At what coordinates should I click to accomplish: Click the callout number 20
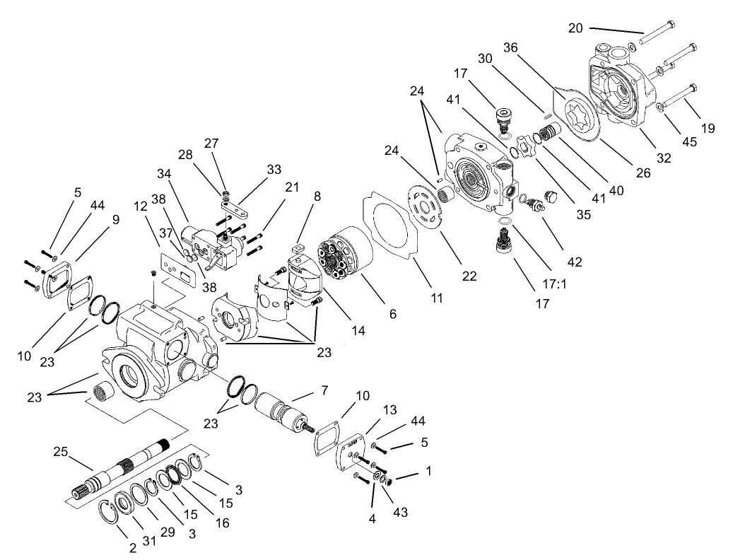(575, 28)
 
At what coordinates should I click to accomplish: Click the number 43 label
(401, 511)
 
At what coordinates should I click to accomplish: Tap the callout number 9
(116, 219)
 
